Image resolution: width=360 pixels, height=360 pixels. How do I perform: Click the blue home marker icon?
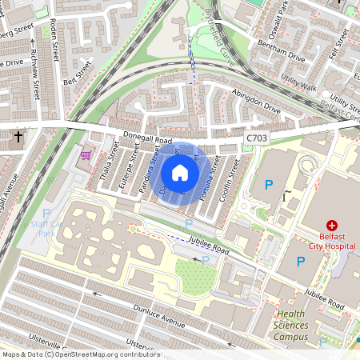180,172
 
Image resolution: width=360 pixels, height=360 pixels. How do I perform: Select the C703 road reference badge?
256,138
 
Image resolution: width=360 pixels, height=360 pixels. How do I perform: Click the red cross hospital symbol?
330,227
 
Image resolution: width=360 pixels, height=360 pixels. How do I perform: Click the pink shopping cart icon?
86,154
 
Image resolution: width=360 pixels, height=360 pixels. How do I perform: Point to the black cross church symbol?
18,137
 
